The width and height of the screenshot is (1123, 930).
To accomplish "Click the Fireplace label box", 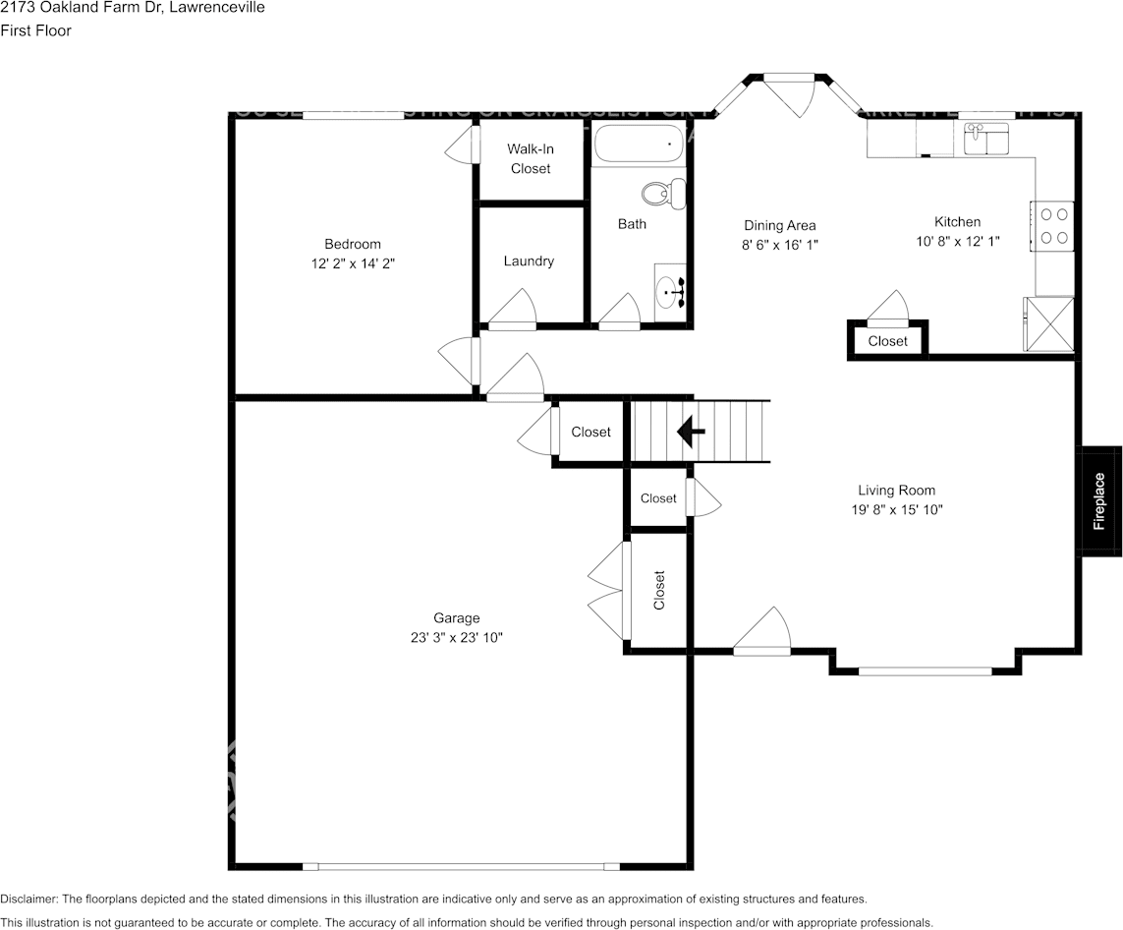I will (x=1099, y=501).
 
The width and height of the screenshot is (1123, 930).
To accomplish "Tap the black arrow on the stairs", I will (x=692, y=431).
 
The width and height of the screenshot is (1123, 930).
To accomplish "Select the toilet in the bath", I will (x=666, y=193).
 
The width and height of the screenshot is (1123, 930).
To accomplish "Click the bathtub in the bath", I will (x=640, y=145).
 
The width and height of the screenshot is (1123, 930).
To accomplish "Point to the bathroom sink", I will (x=673, y=292).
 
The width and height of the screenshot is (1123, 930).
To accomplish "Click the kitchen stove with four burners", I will (x=1054, y=225).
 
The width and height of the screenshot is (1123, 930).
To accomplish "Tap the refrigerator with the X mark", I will (x=1048, y=322).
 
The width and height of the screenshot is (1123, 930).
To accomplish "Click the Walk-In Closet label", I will (x=531, y=158).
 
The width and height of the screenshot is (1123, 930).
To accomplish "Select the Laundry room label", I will (x=529, y=262).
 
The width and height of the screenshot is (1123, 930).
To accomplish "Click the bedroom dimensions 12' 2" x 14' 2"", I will (x=353, y=263).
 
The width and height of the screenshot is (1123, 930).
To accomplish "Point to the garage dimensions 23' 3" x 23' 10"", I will (x=457, y=637).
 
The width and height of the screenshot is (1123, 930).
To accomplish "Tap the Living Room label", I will (x=896, y=491).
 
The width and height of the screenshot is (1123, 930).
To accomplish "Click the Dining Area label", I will (x=779, y=225).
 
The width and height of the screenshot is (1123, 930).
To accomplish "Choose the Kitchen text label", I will (x=956, y=222).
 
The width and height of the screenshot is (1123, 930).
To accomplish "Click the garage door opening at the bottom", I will (x=461, y=866).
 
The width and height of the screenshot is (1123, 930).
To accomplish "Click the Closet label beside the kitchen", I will (x=887, y=341).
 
